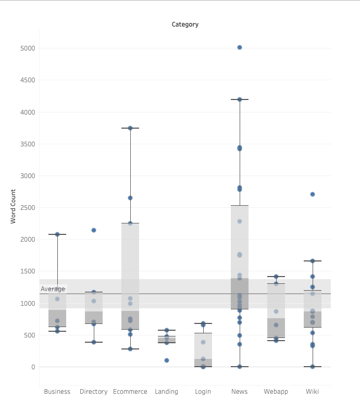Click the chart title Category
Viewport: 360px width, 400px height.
pyautogui.click(x=185, y=24)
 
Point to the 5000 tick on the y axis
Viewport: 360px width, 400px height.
pyautogui.click(x=28, y=48)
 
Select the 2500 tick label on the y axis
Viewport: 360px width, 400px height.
pyautogui.click(x=28, y=208)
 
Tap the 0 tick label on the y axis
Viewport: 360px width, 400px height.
pyautogui.click(x=33, y=367)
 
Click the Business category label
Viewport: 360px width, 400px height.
pyautogui.click(x=57, y=392)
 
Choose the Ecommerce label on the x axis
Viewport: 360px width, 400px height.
pyautogui.click(x=130, y=392)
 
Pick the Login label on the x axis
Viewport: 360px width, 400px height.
pyautogui.click(x=203, y=392)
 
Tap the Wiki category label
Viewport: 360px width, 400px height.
pyautogui.click(x=313, y=392)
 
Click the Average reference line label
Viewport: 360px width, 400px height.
pyautogui.click(x=53, y=289)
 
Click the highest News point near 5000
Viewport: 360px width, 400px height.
pyautogui.click(x=240, y=47)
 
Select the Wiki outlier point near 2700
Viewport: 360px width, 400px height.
pyautogui.click(x=313, y=194)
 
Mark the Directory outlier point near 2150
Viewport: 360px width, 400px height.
pyautogui.click(x=94, y=230)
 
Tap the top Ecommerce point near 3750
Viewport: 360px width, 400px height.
pyautogui.click(x=130, y=128)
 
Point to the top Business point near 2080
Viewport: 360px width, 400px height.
pyautogui.click(x=57, y=234)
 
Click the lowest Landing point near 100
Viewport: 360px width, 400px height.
pyautogui.click(x=167, y=360)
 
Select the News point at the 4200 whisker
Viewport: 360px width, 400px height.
pyautogui.click(x=240, y=99)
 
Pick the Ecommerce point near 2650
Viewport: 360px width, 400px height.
pyautogui.click(x=130, y=198)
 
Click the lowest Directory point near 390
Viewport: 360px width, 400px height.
pyautogui.click(x=94, y=342)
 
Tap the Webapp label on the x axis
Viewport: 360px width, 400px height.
pyautogui.click(x=276, y=392)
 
